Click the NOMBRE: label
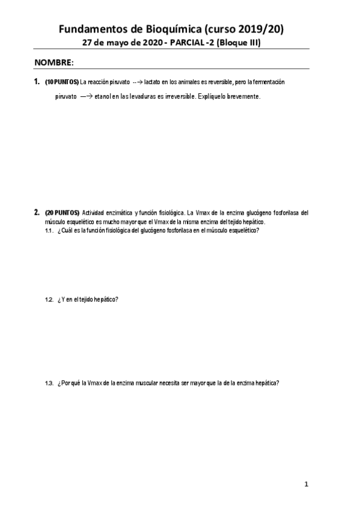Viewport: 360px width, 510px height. pyautogui.click(x=54, y=63)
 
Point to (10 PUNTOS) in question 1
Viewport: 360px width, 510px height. pyautogui.click(x=62, y=81)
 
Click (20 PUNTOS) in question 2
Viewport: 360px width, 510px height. pyautogui.click(x=62, y=212)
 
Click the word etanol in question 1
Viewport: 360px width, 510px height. pyautogui.click(x=103, y=96)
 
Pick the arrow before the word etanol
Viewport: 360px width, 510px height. pyautogui.click(x=85, y=96)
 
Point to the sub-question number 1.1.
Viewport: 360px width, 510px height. pyautogui.click(x=50, y=231)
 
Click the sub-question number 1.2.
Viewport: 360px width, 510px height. pyautogui.click(x=50, y=300)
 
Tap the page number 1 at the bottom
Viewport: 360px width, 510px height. pyautogui.click(x=306, y=484)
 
